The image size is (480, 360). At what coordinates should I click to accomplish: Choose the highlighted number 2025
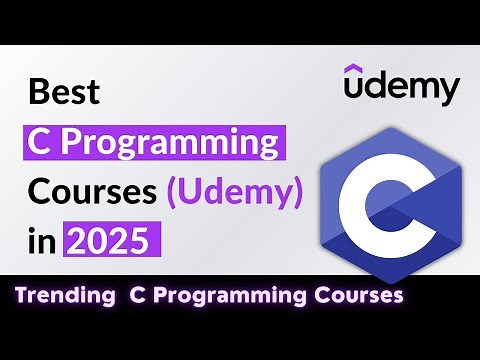pos(111,240)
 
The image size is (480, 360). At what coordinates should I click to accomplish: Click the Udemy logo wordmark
pos(401,87)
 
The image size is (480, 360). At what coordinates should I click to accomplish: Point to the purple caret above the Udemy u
pos(355,68)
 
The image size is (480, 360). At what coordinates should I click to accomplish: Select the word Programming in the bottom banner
pos(223,296)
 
